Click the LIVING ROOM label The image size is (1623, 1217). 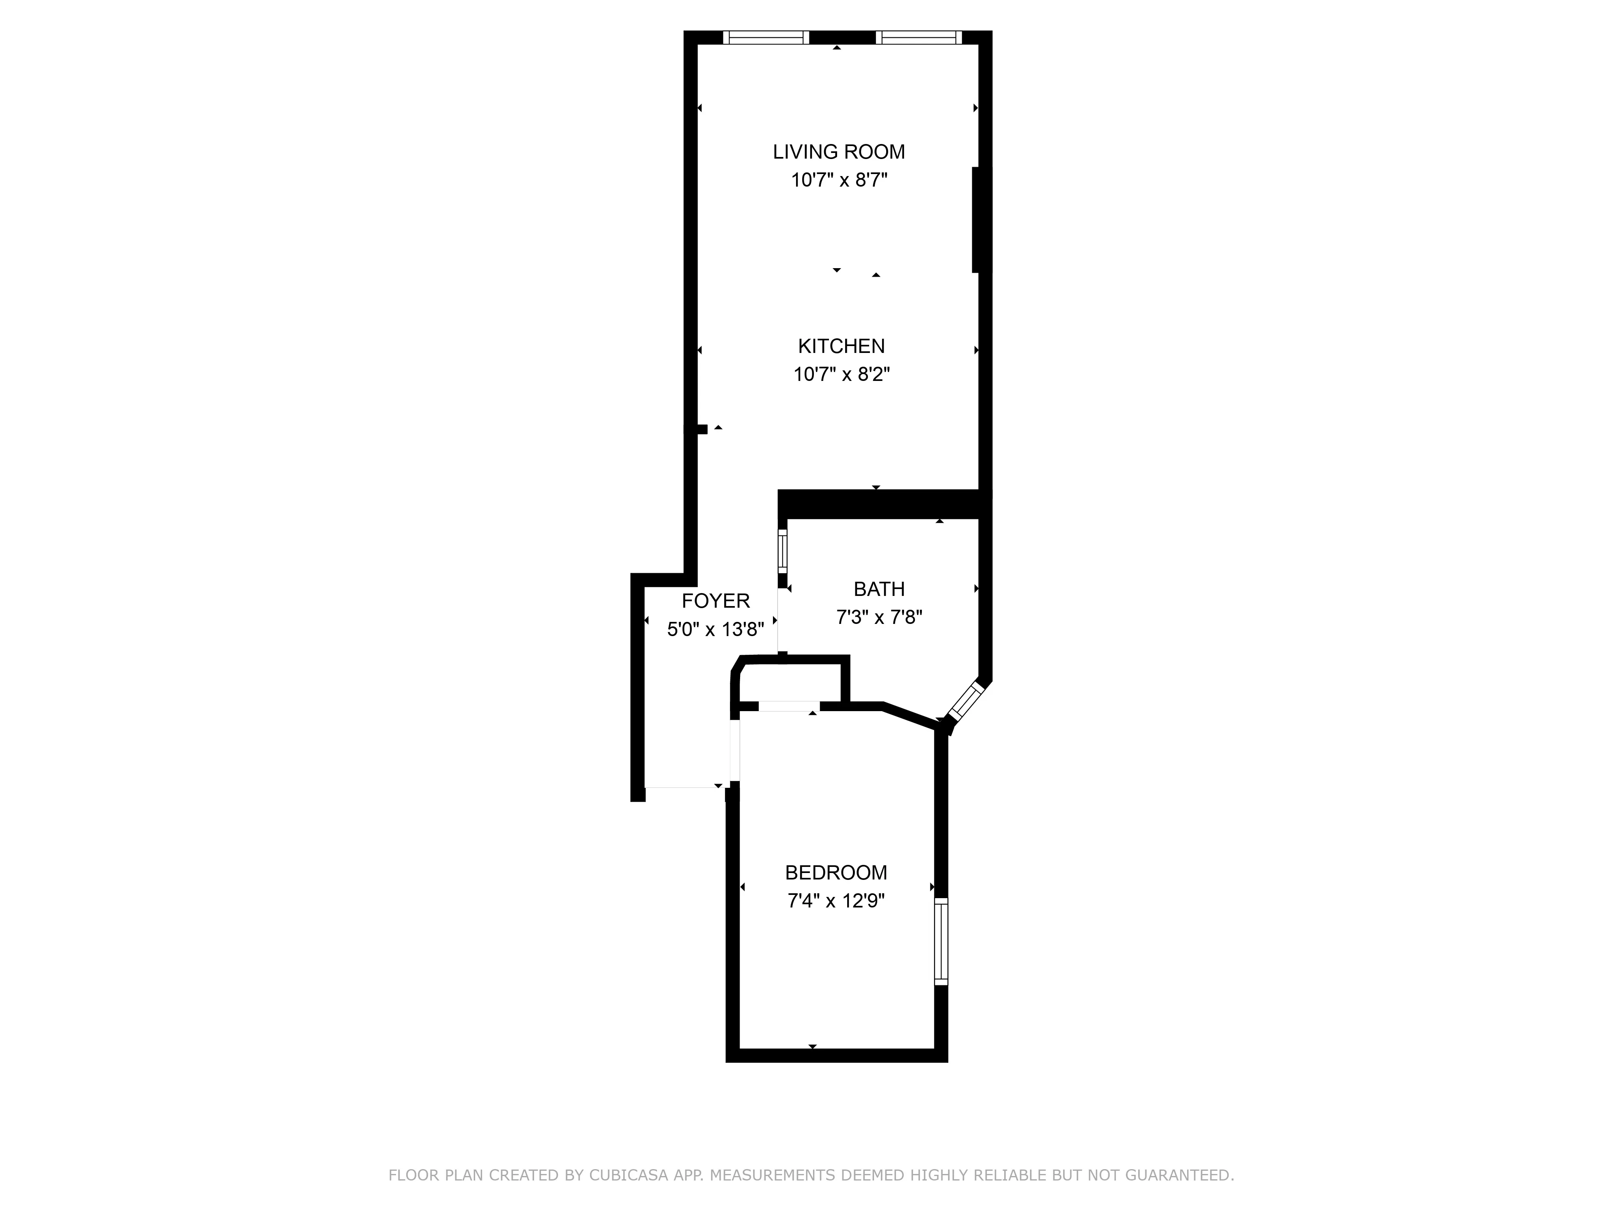[839, 152]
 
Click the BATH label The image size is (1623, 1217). [878, 589]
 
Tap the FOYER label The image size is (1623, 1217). [715, 601]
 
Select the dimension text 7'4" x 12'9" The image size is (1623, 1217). [836, 901]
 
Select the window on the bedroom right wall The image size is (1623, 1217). [941, 941]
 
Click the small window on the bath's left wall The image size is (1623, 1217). [782, 551]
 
